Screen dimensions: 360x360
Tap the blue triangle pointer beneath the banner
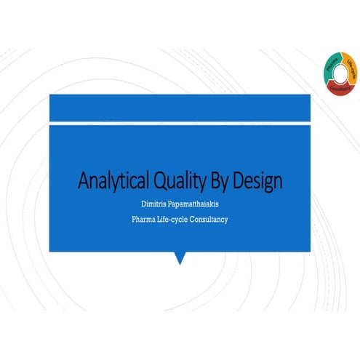click(180, 257)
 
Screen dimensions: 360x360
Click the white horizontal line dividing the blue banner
click(180, 123)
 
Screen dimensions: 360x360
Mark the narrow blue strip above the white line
click(180, 108)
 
